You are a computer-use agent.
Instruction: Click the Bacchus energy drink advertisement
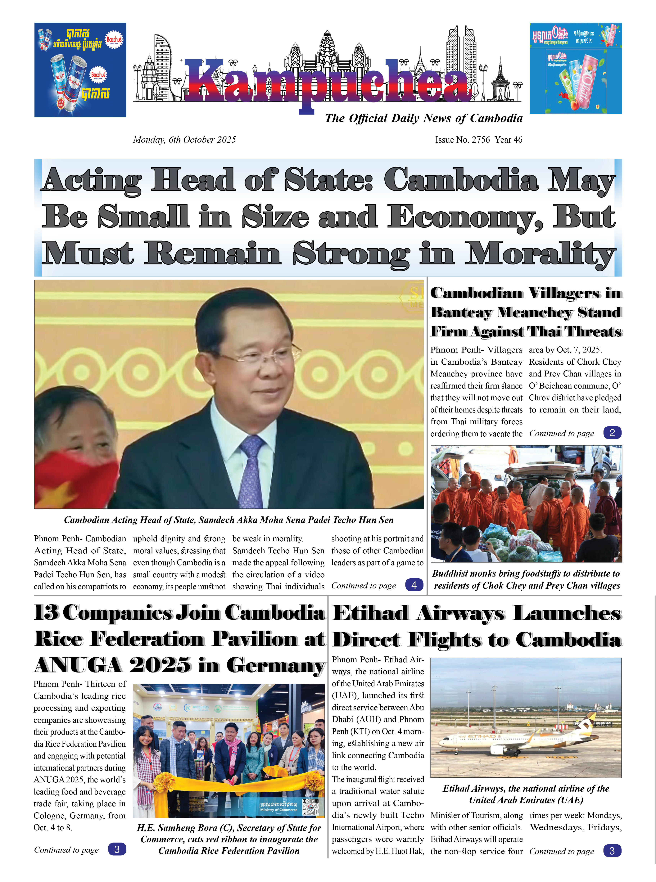point(80,70)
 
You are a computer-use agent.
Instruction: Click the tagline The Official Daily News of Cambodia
point(423,118)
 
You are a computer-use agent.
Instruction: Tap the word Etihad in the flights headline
point(370,614)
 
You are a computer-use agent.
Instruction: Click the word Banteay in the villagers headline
point(461,313)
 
